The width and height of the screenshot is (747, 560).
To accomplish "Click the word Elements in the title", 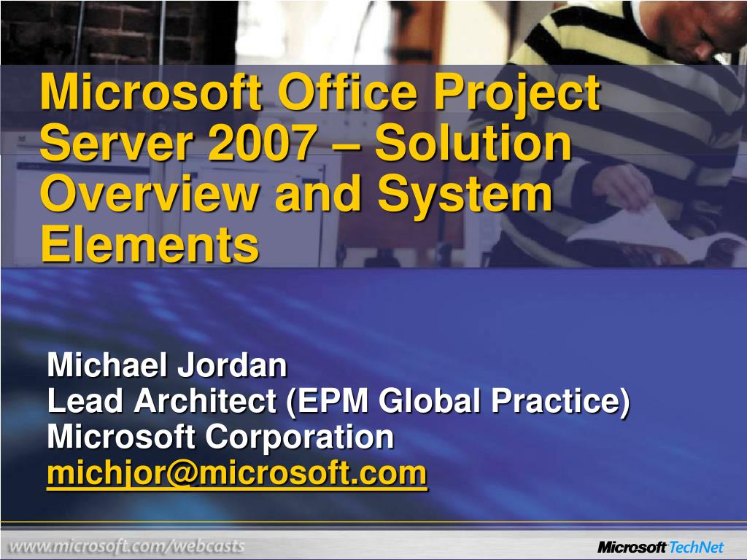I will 150,244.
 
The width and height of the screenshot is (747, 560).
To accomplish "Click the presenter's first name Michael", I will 104,365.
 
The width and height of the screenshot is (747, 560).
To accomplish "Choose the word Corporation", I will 299,437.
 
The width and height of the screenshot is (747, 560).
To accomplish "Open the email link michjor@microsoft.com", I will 236,474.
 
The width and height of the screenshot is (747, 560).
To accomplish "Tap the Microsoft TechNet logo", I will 660,547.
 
